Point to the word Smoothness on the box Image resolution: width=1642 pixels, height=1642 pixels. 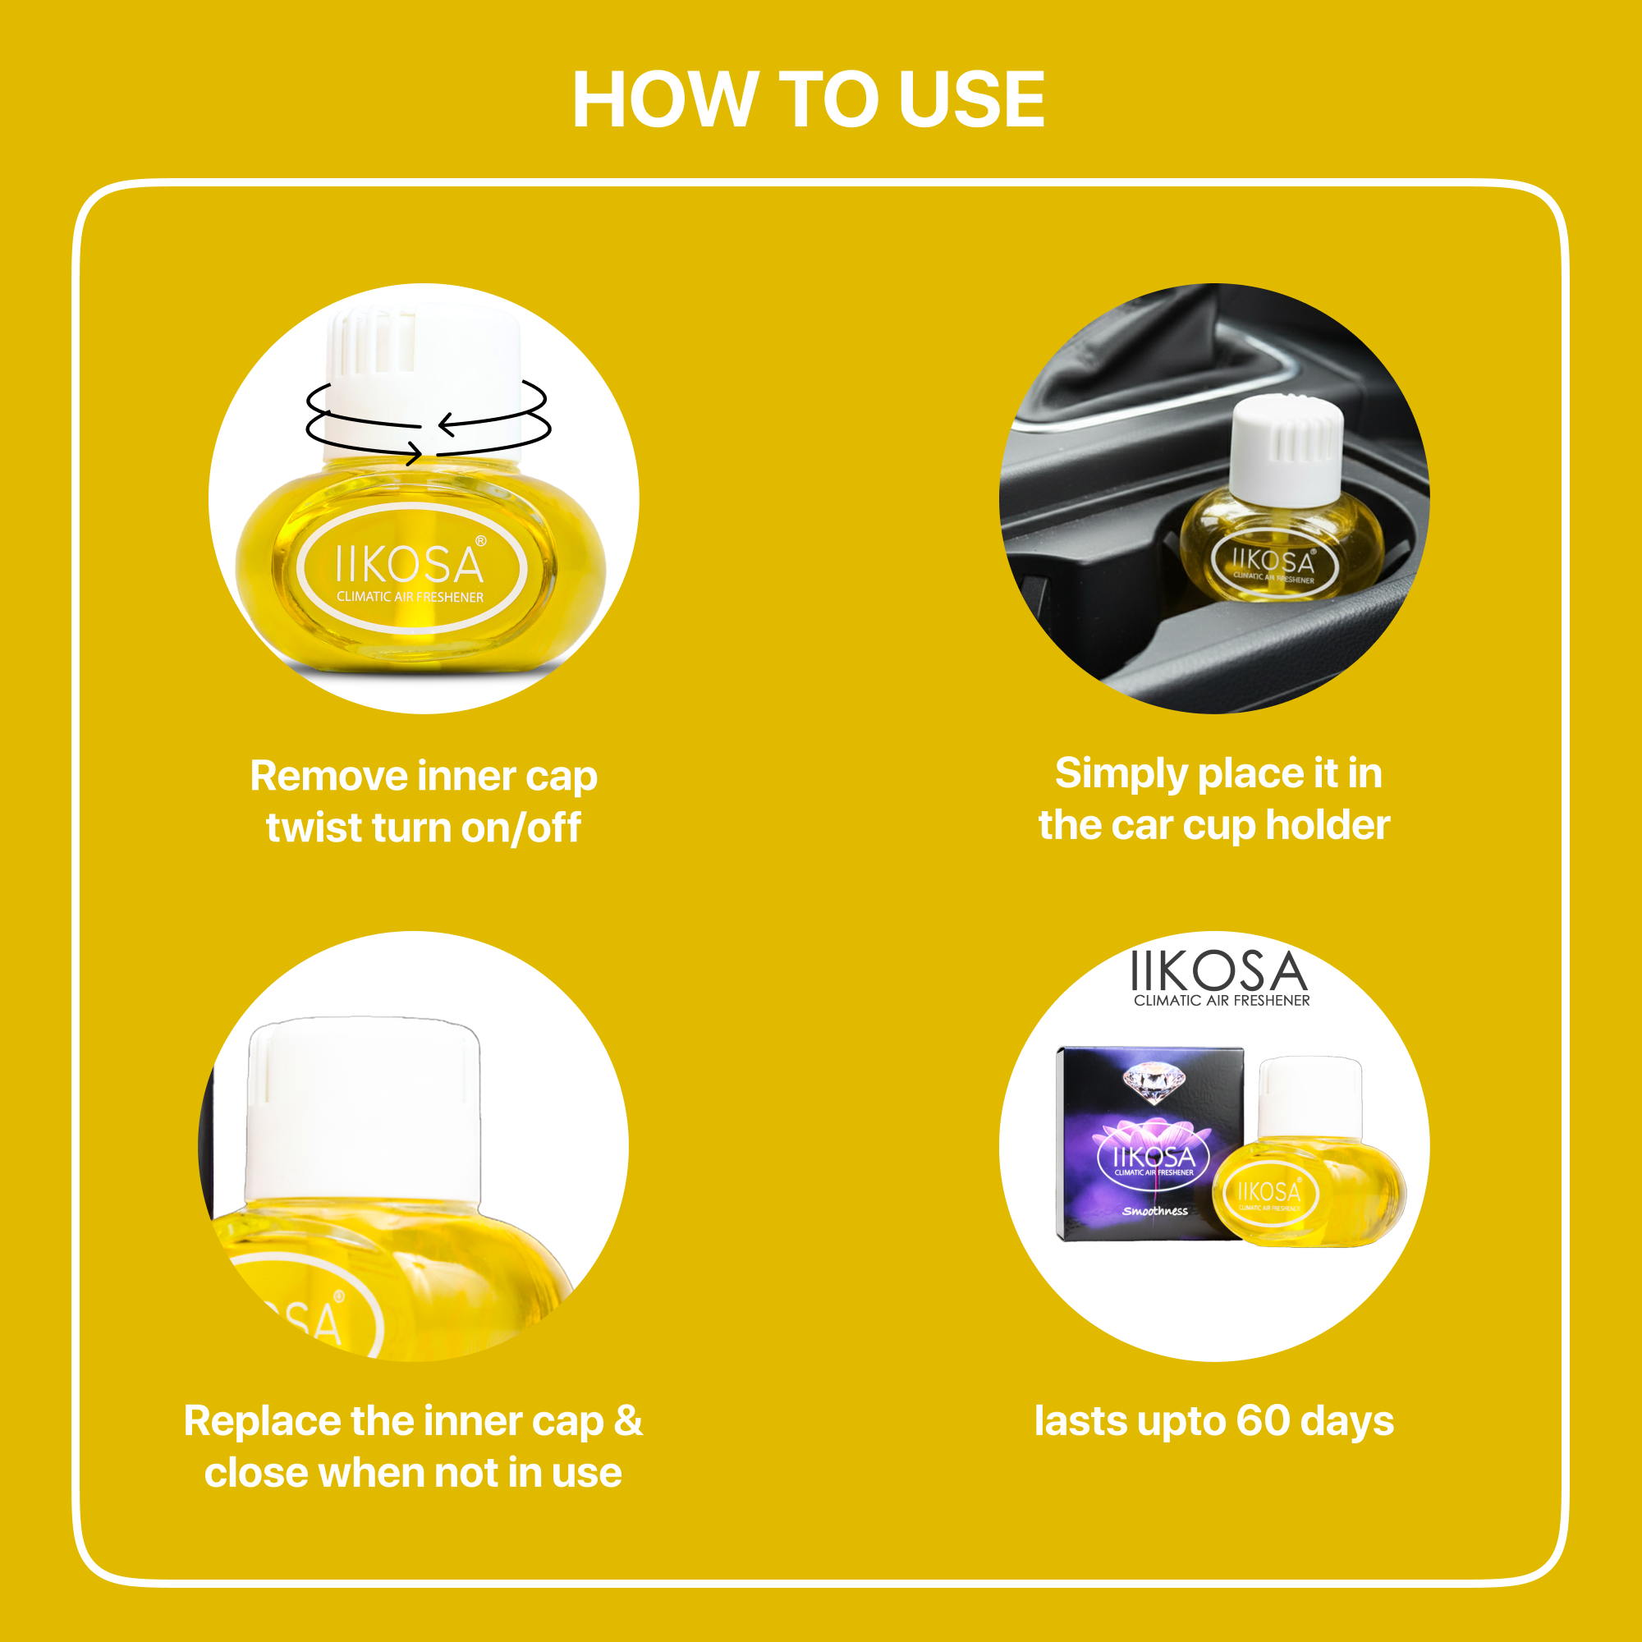click(1155, 1210)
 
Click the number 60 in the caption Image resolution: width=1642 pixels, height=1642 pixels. click(1263, 1421)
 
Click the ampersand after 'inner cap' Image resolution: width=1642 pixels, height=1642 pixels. click(628, 1421)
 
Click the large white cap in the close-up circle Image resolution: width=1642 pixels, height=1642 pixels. click(363, 1111)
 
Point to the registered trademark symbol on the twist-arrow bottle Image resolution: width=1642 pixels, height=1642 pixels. click(481, 540)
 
